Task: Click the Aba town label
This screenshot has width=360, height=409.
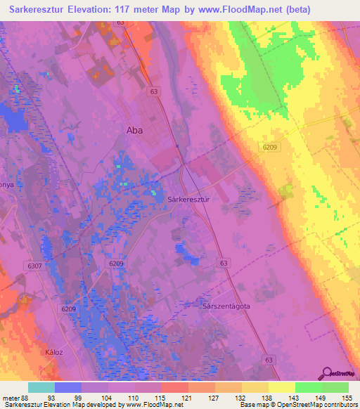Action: pyautogui.click(x=134, y=129)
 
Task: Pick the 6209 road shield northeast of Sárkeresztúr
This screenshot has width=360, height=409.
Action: pyautogui.click(x=270, y=146)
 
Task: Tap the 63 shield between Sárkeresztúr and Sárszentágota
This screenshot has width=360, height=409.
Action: pyautogui.click(x=224, y=263)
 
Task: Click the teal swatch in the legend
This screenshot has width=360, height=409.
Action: pyautogui.click(x=41, y=387)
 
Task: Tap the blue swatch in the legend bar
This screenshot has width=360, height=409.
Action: pyautogui.click(x=68, y=387)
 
